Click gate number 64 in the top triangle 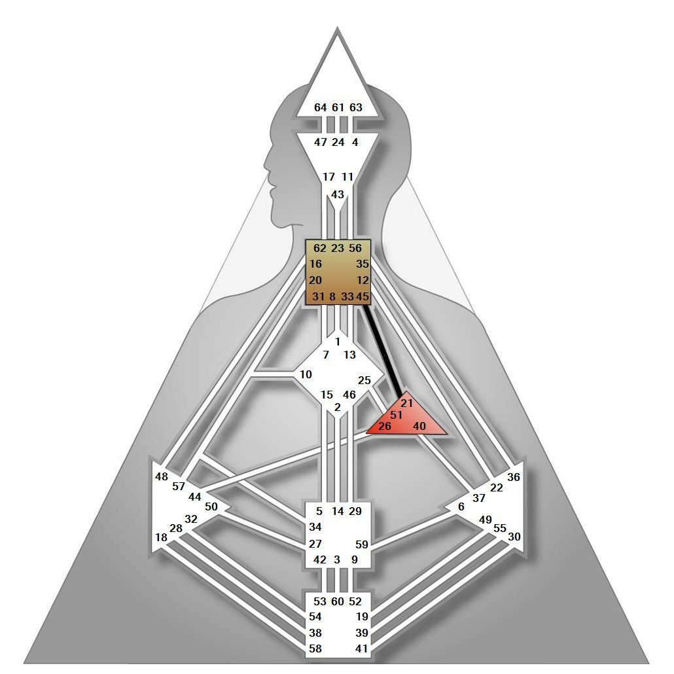pos(320,107)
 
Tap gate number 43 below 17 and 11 pos(338,194)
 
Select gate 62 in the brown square pos(320,248)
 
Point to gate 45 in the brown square pos(363,296)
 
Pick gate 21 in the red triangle pos(407,403)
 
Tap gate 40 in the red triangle pos(419,426)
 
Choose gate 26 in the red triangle pos(385,426)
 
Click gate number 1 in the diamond pos(338,341)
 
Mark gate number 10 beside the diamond pos(306,374)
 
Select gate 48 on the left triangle pos(162,476)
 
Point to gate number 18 pos(161,537)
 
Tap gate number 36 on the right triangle pos(514,477)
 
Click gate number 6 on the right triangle pos(461,506)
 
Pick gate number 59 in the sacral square pos(362,544)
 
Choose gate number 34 pos(315,527)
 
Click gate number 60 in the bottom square pos(338,601)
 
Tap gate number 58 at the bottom pos(315,649)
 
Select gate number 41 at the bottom pos(362,649)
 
